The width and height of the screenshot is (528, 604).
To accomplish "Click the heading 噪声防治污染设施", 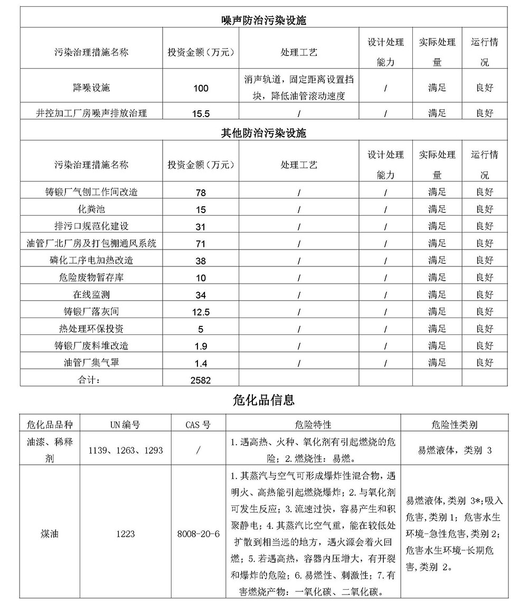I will click(263, 21).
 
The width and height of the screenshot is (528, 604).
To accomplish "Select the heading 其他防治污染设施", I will click(263, 133).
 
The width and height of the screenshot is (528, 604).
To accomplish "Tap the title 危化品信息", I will click(263, 400).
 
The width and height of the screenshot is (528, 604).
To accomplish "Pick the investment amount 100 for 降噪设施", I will click(201, 88).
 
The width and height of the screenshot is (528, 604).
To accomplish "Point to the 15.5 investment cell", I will click(201, 113).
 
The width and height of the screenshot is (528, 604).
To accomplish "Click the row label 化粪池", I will click(91, 209).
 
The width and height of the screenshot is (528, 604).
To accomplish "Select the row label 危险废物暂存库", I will click(91, 277).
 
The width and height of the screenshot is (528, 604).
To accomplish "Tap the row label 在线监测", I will click(91, 295).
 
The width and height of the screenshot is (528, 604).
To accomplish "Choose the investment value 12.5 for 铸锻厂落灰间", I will click(201, 312).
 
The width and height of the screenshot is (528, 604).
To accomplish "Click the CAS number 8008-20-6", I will click(199, 534).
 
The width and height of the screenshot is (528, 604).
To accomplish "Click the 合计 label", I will click(91, 379).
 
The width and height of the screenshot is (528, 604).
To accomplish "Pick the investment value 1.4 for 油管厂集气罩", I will click(201, 363).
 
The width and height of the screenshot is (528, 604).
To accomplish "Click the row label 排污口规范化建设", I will click(91, 226).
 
